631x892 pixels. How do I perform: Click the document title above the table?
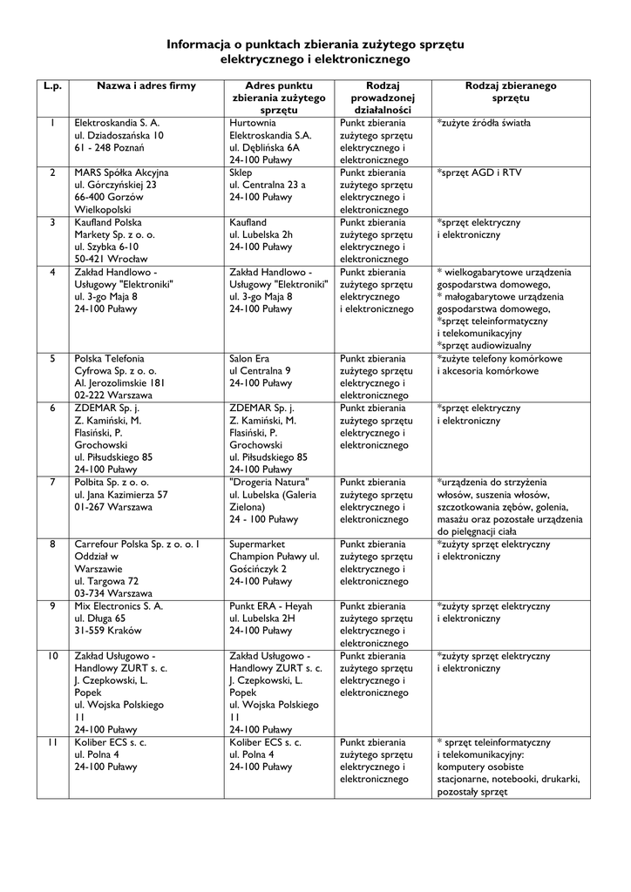pyautogui.click(x=315, y=51)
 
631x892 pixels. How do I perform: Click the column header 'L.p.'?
pyautogui.click(x=53, y=86)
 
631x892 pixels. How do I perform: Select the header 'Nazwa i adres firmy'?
pyautogui.click(x=146, y=86)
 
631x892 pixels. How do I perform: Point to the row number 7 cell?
pyautogui.click(x=53, y=482)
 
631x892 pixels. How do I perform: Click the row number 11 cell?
pyautogui.click(x=53, y=742)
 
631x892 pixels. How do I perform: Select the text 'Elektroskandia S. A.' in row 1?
pyautogui.click(x=117, y=124)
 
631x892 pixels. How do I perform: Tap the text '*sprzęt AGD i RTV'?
pyautogui.click(x=479, y=172)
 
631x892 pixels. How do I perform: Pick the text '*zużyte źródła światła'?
pyautogui.click(x=484, y=124)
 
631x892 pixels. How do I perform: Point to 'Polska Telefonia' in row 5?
pyautogui.click(x=109, y=358)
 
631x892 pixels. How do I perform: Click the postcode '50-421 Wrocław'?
pyautogui.click(x=111, y=259)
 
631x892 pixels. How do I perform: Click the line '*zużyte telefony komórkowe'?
pyautogui.click(x=499, y=358)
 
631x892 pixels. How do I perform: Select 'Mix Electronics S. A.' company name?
pyautogui.click(x=119, y=605)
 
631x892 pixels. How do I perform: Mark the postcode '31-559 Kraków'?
pyautogui.click(x=109, y=630)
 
